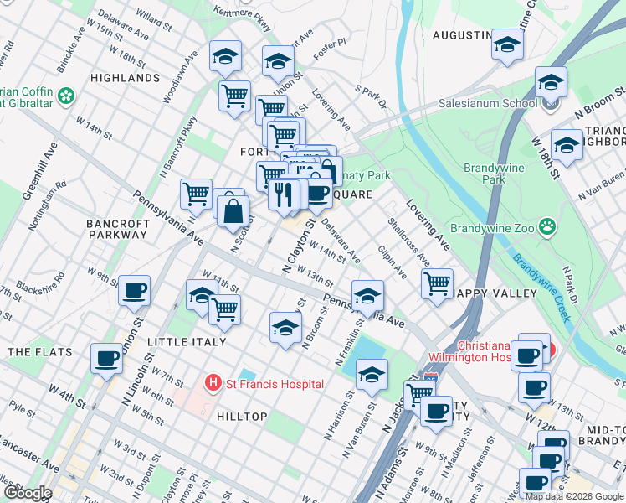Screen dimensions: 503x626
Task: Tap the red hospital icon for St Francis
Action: [213, 384]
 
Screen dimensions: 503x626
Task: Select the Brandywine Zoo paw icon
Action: [548, 226]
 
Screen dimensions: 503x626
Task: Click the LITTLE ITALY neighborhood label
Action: [187, 342]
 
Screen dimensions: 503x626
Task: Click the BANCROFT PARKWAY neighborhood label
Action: [118, 229]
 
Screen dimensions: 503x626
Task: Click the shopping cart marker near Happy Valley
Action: [437, 283]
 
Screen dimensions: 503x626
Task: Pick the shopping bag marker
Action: [233, 211]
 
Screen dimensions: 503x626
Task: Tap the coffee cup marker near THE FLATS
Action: [106, 358]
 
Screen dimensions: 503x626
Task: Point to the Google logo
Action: [28, 493]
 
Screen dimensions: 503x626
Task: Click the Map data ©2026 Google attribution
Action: [574, 495]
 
